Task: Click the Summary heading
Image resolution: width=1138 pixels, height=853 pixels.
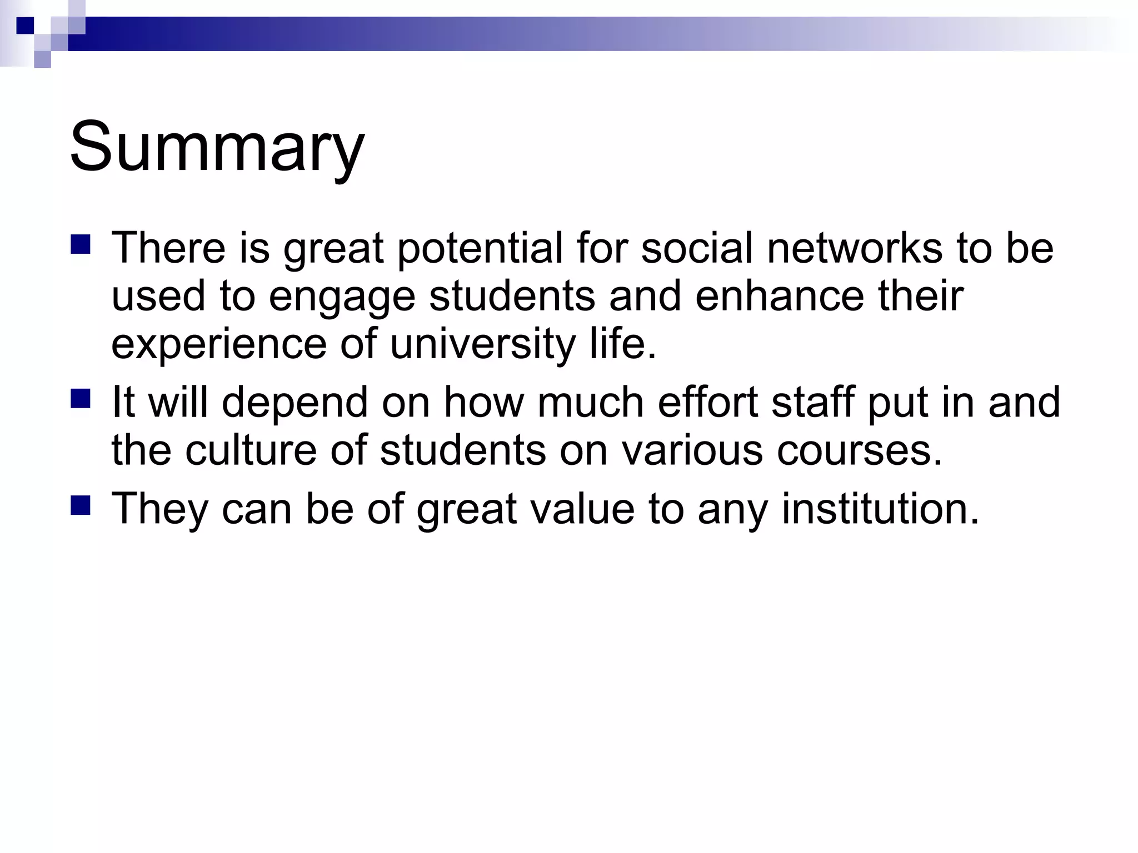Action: [x=217, y=147]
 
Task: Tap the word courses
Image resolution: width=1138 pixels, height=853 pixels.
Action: [x=859, y=449]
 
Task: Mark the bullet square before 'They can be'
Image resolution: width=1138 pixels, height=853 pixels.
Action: [x=81, y=505]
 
